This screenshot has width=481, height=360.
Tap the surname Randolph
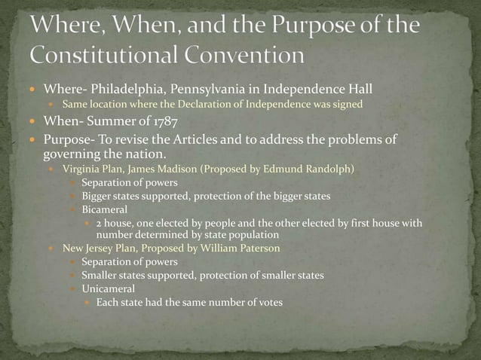click(x=326, y=169)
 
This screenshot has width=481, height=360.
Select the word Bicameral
click(x=105, y=209)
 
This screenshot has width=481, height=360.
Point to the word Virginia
click(x=81, y=169)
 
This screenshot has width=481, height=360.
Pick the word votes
click(x=268, y=303)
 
